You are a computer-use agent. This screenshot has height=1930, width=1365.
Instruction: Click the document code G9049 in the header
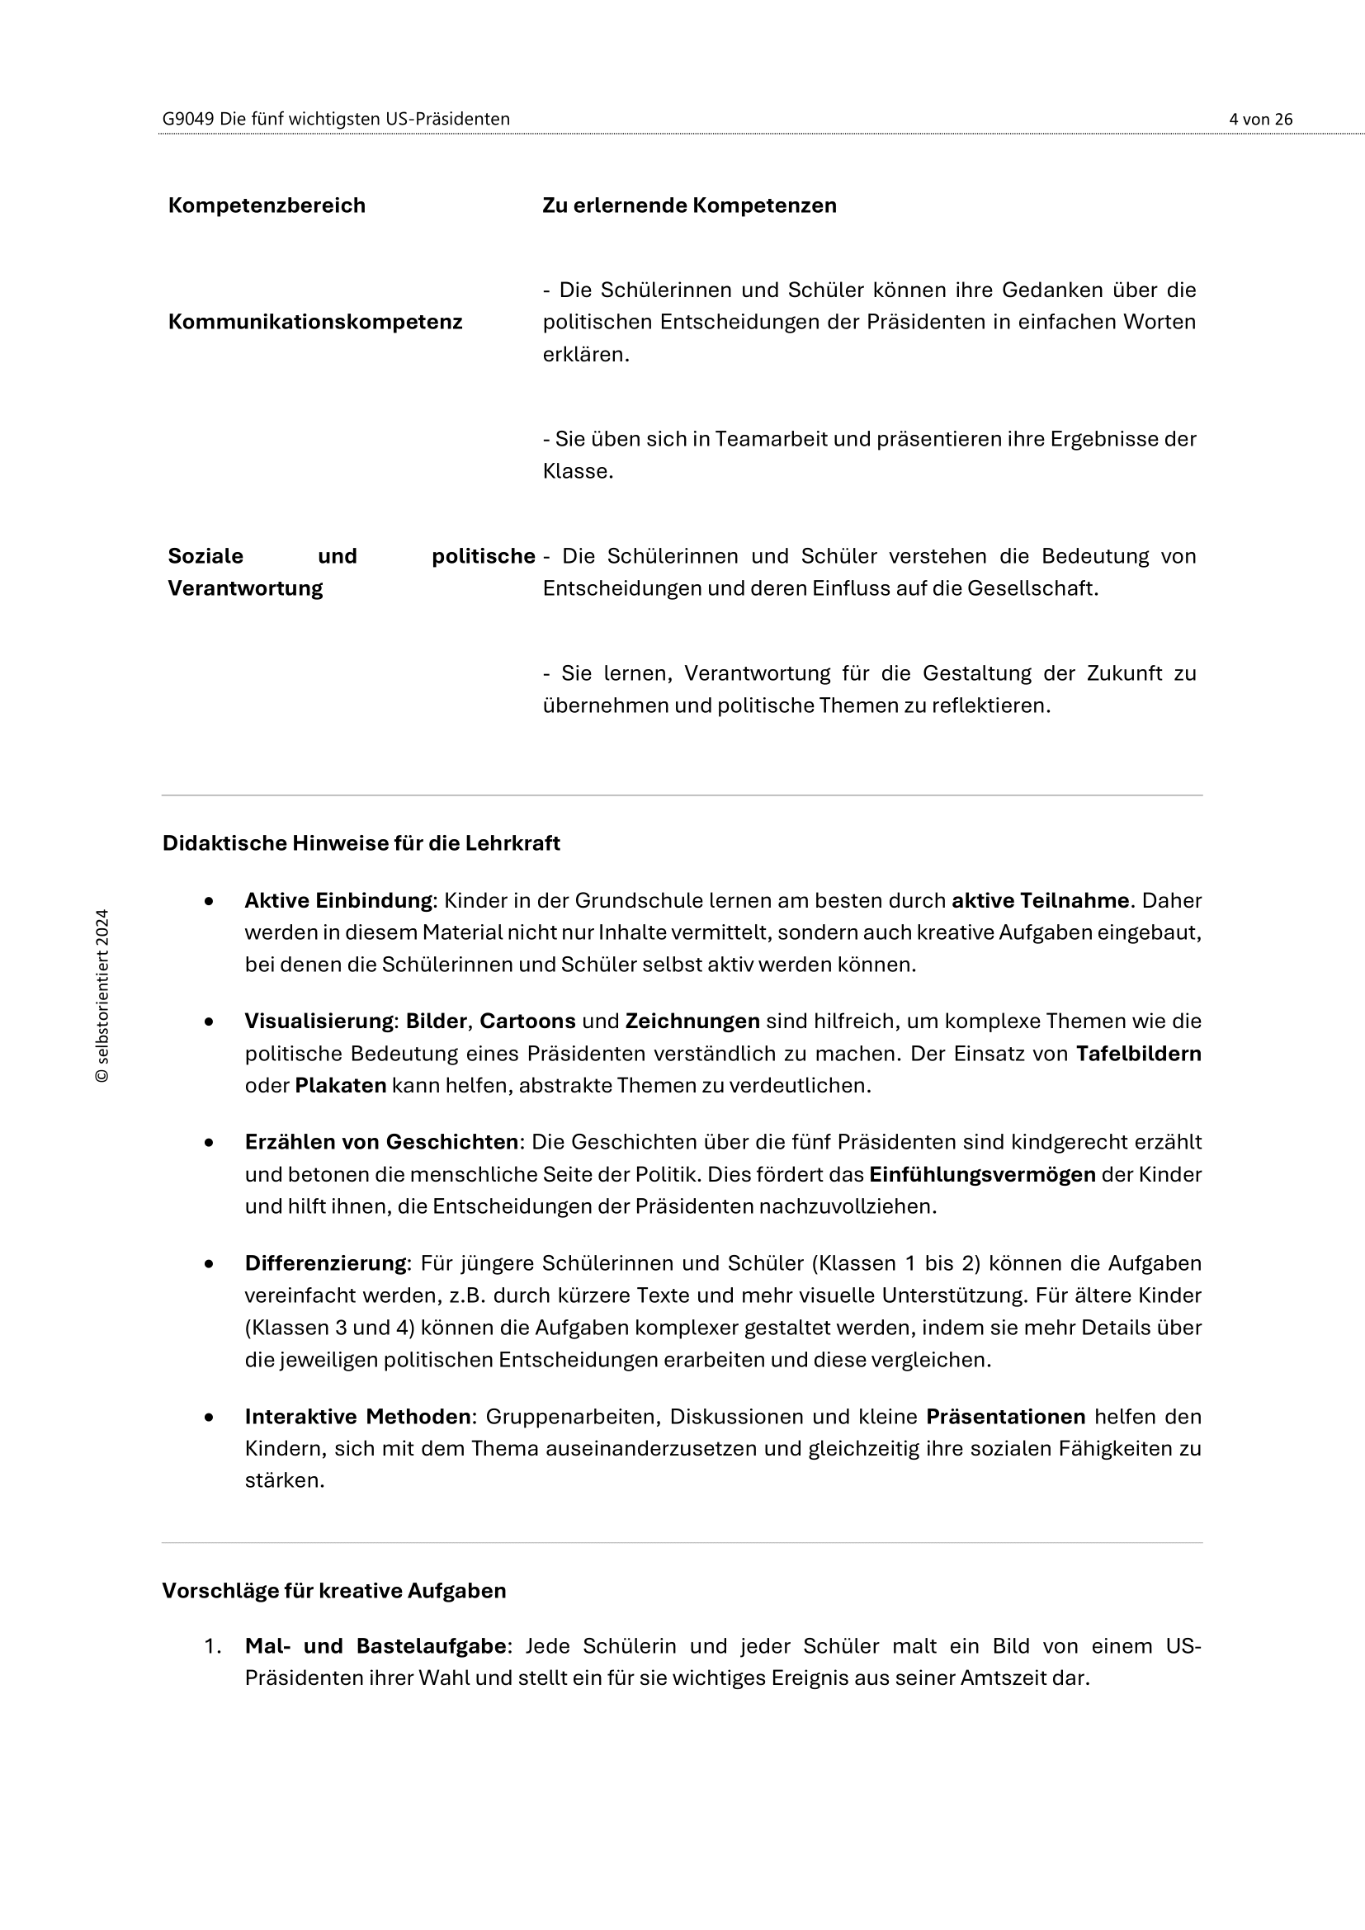[x=188, y=120]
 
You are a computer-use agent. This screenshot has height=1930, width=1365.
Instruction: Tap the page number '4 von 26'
[x=1260, y=120]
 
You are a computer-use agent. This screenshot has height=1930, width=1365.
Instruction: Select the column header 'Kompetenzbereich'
[x=267, y=206]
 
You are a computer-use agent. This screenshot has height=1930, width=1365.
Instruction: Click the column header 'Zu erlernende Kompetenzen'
[x=689, y=206]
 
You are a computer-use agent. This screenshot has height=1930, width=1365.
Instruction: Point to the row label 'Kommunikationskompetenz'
[x=315, y=322]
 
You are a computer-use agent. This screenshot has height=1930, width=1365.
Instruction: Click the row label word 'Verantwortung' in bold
[x=245, y=588]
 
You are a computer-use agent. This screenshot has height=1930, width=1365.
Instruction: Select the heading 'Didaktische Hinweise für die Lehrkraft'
[x=361, y=843]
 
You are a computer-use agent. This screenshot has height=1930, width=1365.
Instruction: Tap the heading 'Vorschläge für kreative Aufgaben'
[x=333, y=1590]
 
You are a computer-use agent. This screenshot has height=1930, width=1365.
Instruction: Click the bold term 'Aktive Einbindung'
[x=338, y=901]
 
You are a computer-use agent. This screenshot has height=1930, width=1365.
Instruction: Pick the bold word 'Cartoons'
[x=527, y=1022]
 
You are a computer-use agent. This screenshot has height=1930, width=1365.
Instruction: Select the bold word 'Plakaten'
[x=340, y=1086]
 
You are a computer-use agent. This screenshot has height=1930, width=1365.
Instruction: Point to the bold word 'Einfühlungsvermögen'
[x=982, y=1175]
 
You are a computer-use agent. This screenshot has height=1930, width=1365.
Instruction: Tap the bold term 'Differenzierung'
[x=325, y=1263]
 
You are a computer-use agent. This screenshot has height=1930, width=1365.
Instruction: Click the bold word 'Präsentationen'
[x=1005, y=1418]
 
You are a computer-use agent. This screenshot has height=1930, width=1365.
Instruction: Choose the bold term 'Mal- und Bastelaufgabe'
[x=375, y=1646]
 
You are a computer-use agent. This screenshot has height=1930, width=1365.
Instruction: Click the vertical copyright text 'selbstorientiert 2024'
[x=102, y=995]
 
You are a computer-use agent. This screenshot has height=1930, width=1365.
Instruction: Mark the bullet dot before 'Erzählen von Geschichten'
[x=209, y=1143]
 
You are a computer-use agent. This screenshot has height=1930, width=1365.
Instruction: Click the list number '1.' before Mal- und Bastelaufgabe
[x=212, y=1646]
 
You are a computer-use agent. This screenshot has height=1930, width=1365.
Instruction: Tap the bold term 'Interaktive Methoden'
[x=357, y=1418]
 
